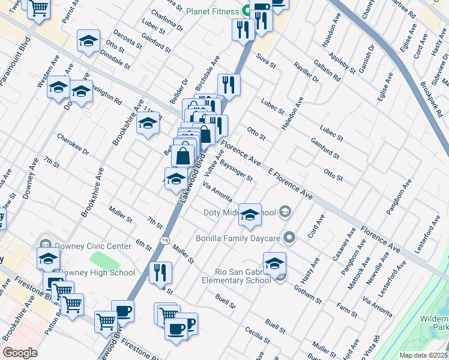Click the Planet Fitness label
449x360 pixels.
click(x=213, y=11)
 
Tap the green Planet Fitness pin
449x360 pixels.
click(x=246, y=11)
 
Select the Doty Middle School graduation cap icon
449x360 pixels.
click(x=250, y=214)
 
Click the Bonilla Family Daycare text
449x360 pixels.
click(x=238, y=238)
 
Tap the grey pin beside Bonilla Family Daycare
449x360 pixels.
click(x=289, y=238)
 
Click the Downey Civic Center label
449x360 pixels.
click(x=92, y=246)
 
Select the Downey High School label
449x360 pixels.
click(x=97, y=272)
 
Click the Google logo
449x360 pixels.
click(x=20, y=353)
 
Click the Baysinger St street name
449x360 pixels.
click(x=236, y=170)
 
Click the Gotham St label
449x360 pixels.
click(x=309, y=293)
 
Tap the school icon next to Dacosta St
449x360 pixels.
click(x=88, y=41)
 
